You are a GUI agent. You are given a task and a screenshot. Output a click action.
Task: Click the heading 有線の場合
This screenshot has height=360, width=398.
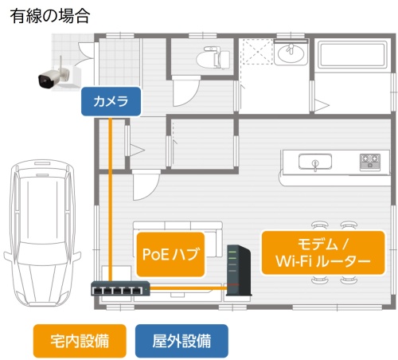coord(50,16)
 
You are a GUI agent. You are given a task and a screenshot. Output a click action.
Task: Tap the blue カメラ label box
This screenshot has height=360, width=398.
coord(111,101)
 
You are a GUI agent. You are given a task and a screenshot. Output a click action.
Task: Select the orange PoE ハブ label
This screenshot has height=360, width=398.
coord(170,254)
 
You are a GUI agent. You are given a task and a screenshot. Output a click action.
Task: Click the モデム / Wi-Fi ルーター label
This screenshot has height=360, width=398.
coord(323,252)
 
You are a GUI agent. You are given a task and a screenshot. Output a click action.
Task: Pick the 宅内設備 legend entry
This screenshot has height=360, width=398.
coord(80,341)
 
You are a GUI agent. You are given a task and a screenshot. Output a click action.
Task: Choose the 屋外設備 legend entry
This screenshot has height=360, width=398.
coord(181,341)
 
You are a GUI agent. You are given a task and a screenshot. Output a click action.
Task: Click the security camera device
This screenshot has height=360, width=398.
coord(58,75)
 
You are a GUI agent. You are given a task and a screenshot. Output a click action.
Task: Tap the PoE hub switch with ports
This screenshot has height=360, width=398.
coord(120,288)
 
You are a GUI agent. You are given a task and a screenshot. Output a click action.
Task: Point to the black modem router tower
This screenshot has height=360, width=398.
coord(238,270)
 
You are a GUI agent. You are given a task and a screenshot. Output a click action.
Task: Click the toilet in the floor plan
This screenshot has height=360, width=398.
coord(213,57)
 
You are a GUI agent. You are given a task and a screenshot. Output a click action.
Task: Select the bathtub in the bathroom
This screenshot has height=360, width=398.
coord(353,55)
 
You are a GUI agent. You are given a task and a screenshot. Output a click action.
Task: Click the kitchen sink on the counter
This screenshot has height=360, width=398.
coord(315,162)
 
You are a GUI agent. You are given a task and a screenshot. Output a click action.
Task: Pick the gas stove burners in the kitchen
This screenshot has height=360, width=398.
coord(370,162)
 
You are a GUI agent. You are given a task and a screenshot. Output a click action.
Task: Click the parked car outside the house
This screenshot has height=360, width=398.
coord(42,233)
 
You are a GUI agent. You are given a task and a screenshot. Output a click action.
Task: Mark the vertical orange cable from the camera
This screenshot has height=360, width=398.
coord(111,198)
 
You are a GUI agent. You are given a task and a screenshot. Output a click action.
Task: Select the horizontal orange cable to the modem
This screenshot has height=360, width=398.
coord(188,288)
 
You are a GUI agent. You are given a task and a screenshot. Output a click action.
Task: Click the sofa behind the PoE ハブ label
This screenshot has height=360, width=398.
coord(178,239)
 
